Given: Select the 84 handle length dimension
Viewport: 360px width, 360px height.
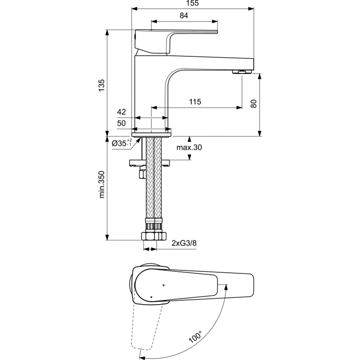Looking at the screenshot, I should [184, 16].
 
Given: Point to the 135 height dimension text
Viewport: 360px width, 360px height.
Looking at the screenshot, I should [101, 84].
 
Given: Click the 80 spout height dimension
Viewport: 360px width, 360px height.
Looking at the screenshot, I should [253, 104].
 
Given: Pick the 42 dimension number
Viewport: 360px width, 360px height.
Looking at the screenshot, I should [121, 112].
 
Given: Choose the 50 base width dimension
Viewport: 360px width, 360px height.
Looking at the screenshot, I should [121, 122].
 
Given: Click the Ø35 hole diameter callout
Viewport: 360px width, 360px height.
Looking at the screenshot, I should [120, 143].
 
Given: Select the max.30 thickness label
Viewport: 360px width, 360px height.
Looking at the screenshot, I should [190, 148].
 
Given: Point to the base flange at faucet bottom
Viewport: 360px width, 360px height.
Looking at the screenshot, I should [152, 131].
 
